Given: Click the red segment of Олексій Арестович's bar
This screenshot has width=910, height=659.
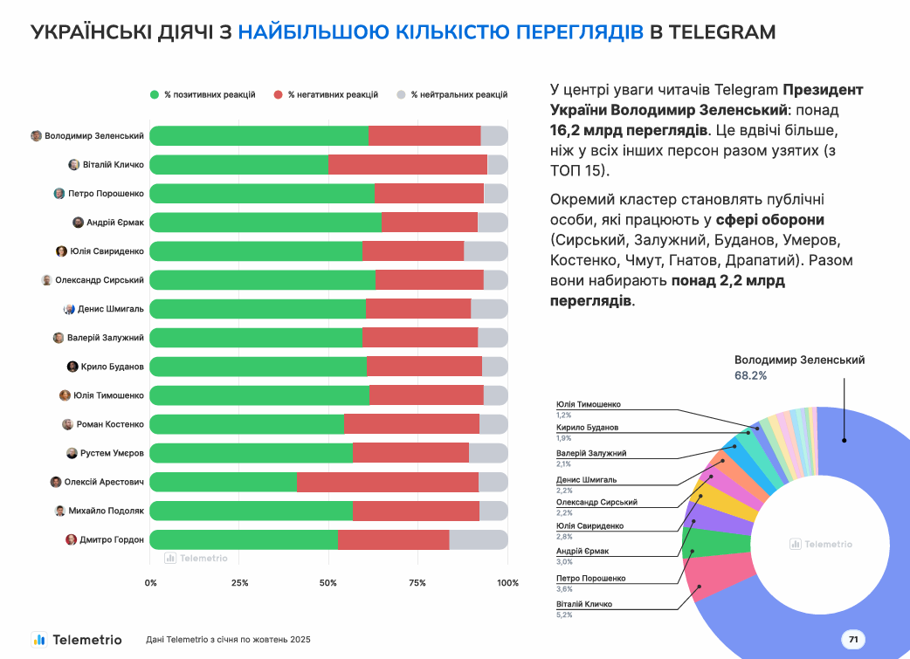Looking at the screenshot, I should (x=387, y=482).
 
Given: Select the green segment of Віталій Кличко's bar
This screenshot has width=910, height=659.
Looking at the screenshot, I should (x=238, y=165).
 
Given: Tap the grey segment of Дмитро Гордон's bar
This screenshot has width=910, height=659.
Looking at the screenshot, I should (x=478, y=539).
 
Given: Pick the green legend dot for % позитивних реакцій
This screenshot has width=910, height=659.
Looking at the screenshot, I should (x=155, y=94).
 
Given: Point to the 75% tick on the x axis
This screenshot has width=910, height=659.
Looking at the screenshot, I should (x=417, y=582).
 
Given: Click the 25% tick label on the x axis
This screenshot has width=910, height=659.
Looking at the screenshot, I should (x=239, y=582).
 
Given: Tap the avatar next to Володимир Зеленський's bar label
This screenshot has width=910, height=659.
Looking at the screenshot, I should (x=36, y=136).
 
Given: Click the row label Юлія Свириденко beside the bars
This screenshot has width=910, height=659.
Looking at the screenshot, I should (x=107, y=251).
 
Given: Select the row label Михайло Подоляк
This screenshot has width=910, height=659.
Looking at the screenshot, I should (x=106, y=511).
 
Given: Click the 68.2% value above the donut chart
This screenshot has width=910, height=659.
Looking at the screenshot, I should (x=750, y=375).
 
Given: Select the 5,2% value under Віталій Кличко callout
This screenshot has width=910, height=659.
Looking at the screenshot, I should (x=564, y=614).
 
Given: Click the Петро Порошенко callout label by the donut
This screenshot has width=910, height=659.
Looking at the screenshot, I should (x=590, y=578).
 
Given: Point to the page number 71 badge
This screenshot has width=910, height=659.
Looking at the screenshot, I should (x=853, y=640).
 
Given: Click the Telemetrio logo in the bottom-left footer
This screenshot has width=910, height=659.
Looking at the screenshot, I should (x=76, y=639).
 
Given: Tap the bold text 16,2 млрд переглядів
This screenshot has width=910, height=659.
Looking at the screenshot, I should (x=628, y=130).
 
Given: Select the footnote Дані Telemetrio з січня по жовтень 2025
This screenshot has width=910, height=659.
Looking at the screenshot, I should (x=228, y=640).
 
